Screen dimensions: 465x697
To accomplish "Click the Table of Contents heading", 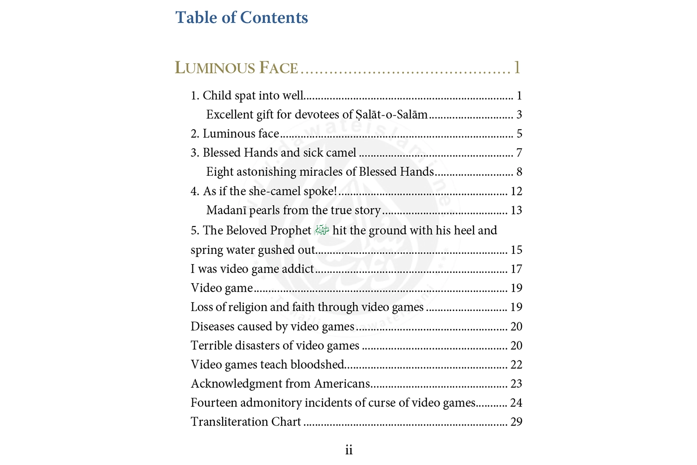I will click(241, 18).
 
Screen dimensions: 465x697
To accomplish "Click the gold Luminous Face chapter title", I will click(236, 68).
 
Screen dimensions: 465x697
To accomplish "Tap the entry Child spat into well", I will click(247, 96).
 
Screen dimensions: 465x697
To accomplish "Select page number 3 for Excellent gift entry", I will click(519, 115).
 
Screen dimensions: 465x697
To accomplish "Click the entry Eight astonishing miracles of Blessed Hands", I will click(320, 172).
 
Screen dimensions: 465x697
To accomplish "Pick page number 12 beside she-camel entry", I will click(516, 192).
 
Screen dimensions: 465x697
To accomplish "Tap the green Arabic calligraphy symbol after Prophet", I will click(322, 230).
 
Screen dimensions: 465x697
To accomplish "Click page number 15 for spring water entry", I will click(516, 250).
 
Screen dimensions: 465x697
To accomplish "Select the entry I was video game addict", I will click(252, 269).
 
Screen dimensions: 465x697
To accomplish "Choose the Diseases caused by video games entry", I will click(272, 326).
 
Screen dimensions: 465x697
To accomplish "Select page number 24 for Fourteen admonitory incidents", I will click(516, 403).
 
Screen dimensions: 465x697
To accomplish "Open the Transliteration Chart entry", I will click(246, 422).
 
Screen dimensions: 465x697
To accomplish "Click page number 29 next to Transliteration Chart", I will click(516, 422).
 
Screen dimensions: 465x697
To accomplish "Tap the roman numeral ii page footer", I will click(348, 450).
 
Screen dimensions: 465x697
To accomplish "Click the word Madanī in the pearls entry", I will click(226, 211).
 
